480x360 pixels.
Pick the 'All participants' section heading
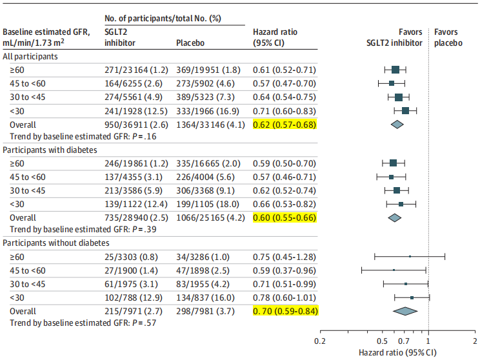pos(30,56)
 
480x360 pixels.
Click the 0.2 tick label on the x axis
pos(319,341)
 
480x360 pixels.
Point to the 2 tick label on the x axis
pos(475,341)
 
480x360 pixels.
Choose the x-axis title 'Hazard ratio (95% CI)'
pos(397,352)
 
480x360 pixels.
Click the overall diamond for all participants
pos(397,124)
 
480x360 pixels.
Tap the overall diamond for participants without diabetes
pos(405,311)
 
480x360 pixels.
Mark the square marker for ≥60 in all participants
pos(395,69)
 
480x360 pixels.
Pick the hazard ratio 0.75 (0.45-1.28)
pos(285,256)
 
